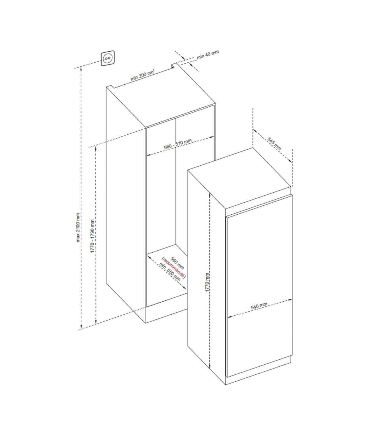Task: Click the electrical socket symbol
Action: click(x=108, y=58)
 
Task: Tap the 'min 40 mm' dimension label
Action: click(x=208, y=54)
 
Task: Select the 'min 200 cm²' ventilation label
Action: click(x=142, y=75)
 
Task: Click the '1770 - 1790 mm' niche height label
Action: click(x=92, y=236)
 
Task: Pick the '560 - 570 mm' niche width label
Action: click(x=178, y=144)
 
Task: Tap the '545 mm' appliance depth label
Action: click(x=274, y=144)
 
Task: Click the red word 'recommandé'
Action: click(x=174, y=269)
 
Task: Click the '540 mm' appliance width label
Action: click(x=259, y=306)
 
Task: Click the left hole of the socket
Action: click(x=106, y=58)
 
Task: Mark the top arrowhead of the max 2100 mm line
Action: click(x=81, y=68)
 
